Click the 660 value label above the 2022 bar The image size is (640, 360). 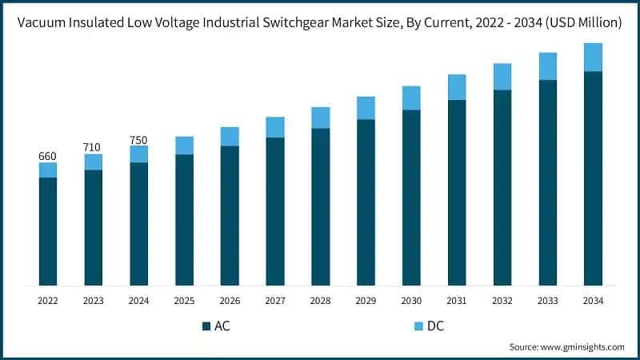point(48,156)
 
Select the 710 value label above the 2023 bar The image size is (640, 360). point(94,147)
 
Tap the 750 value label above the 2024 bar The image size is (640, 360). point(138,140)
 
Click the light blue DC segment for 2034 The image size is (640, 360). point(593,58)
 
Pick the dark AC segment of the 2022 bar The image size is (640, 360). point(48,231)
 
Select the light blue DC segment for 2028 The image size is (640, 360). point(320,118)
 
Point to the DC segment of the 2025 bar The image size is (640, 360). point(184,146)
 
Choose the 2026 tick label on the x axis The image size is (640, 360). point(230,301)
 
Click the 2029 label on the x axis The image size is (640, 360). point(366,301)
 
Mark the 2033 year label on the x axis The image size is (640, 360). point(547,301)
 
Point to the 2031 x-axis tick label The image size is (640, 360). point(457,301)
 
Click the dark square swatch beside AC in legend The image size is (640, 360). point(206,326)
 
